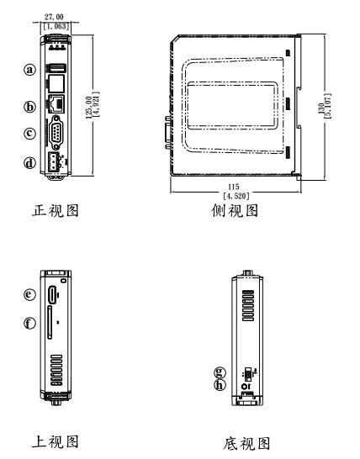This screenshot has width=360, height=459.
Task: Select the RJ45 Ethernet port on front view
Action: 57,107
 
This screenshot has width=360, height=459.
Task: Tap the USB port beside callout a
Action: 57,69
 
